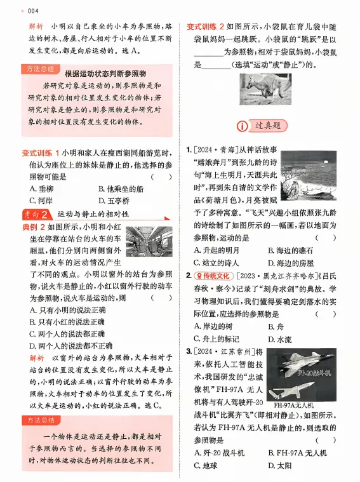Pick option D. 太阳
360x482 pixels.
click(283, 465)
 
